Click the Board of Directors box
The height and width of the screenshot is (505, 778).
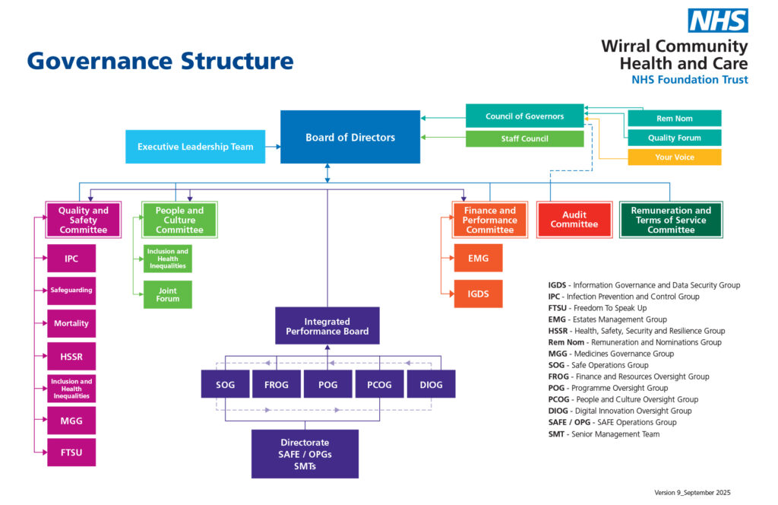(350, 137)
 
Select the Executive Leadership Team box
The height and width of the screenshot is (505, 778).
(195, 147)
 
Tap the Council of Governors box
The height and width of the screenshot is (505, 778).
(524, 116)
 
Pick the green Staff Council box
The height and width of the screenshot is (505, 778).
(524, 139)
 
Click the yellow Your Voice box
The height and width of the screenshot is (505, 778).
(674, 157)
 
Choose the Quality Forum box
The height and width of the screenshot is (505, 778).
(674, 138)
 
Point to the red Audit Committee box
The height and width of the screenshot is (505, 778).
(574, 220)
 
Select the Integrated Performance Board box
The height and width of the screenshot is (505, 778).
(327, 326)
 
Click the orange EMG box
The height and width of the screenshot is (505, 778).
(478, 259)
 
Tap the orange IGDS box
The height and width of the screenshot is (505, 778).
(478, 294)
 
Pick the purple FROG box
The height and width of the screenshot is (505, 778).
(276, 384)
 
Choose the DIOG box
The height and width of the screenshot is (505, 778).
(431, 384)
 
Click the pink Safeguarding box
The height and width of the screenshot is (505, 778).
(71, 291)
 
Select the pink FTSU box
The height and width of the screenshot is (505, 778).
(71, 453)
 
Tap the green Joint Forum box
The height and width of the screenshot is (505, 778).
(168, 294)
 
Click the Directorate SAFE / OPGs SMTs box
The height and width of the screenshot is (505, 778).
(305, 454)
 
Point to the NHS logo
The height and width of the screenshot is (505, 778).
(718, 21)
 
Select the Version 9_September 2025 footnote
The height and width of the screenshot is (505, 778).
(692, 493)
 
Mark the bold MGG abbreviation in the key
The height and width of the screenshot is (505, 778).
(558, 354)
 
